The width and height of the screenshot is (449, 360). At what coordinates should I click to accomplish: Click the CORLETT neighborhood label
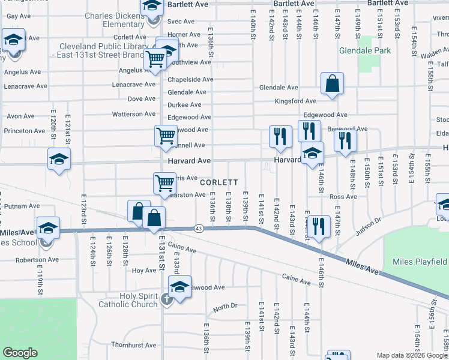click(x=219, y=182)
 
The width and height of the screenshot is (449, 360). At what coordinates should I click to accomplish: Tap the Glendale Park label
click(x=364, y=50)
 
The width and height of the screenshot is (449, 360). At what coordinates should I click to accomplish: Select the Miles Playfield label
click(x=420, y=262)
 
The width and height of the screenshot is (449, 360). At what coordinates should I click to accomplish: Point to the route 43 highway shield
click(x=198, y=228)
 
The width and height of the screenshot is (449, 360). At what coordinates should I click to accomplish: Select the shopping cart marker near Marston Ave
click(x=164, y=184)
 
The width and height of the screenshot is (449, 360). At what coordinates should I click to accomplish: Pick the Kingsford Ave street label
click(x=295, y=101)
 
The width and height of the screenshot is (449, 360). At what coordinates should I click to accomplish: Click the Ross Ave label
click(x=343, y=196)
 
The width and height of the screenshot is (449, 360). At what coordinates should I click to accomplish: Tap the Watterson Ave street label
click(x=134, y=114)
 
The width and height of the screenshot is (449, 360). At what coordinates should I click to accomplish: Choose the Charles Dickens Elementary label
click(x=114, y=20)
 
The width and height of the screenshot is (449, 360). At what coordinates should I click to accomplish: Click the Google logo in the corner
click(x=20, y=353)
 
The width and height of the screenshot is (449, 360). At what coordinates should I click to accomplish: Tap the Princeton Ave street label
click(x=24, y=131)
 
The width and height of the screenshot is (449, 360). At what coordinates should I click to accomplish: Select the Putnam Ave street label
click(x=23, y=206)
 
